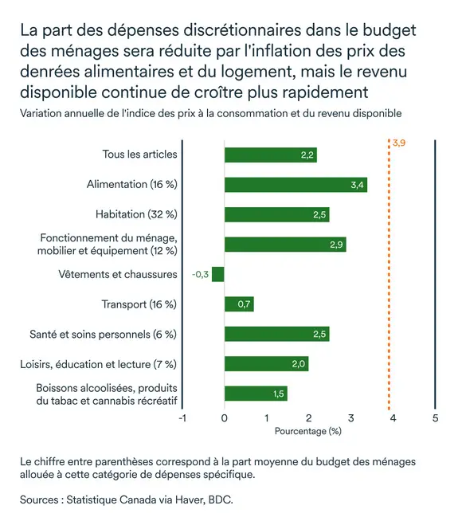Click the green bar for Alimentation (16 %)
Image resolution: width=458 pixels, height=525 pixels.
296,185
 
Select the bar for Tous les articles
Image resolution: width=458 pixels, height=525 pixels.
270,155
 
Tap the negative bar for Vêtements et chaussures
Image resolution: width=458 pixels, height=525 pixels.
218,274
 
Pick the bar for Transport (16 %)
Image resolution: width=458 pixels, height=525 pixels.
239,304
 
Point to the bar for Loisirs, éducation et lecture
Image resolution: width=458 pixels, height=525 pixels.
266,364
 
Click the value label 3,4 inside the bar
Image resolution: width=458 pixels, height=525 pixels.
358,185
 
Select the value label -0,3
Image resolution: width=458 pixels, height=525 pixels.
200,274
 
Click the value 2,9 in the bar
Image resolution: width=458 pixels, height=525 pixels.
336,245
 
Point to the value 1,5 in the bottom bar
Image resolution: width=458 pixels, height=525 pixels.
278,394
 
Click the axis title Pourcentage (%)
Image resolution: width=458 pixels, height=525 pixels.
307,431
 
